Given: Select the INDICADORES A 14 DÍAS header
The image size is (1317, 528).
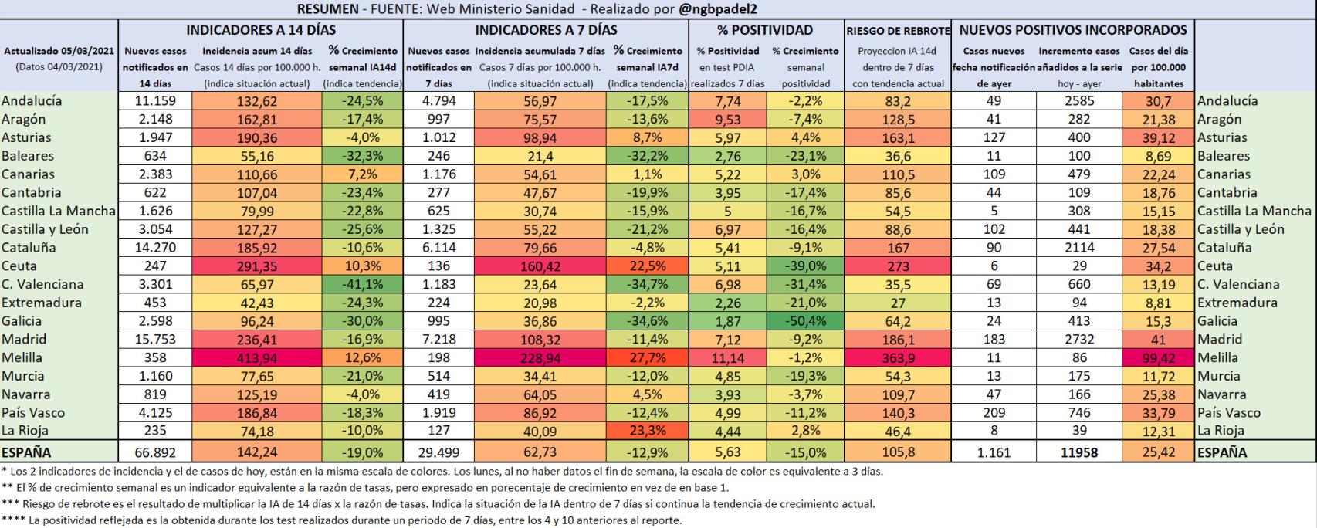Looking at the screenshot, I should coord(261,30).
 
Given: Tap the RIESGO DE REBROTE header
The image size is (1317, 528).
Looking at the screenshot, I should coord(897,31).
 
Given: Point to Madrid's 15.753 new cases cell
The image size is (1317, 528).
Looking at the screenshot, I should coord(155,340).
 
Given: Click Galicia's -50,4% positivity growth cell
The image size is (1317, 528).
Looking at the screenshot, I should coord(806,321).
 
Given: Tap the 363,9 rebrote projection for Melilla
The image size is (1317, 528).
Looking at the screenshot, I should coord(897,358).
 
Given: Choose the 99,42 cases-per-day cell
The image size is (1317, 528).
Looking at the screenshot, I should coord(1158,358).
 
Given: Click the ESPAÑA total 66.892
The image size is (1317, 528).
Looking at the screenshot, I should coord(155,453).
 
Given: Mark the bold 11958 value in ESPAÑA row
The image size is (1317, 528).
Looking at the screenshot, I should coord(1078,453).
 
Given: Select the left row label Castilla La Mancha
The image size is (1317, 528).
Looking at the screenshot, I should coord(58,211).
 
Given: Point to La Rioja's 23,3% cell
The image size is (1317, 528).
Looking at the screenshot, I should coord(647,432).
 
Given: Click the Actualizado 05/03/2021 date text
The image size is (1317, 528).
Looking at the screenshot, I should coord(59,51).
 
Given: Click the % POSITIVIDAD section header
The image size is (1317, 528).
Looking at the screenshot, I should coord(764,30).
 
